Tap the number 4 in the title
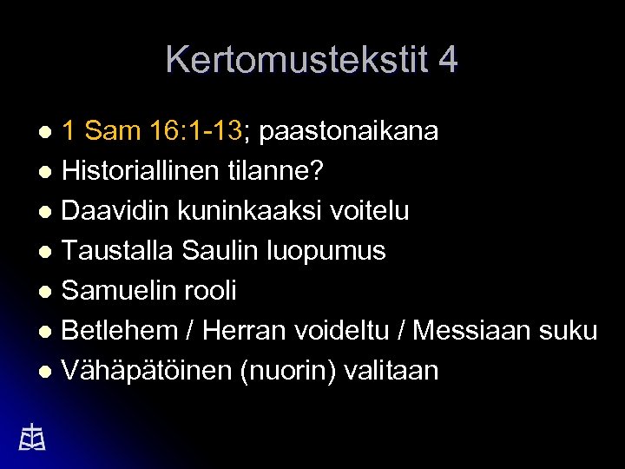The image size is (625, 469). click(449, 60)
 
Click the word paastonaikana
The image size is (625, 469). click(349, 131)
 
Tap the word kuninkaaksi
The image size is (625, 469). click(244, 211)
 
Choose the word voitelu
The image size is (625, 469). click(366, 211)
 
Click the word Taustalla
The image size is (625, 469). click(118, 251)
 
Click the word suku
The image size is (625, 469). click(569, 331)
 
